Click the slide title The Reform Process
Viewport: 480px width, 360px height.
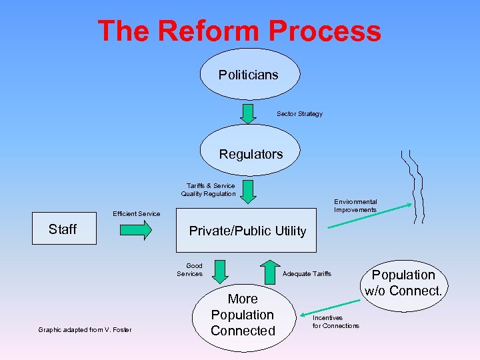pos(239,31)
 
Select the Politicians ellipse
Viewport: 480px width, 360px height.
pos(249,74)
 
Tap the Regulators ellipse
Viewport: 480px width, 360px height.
pos(251,154)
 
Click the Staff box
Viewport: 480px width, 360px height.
pos(64,229)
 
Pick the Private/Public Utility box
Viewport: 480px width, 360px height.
pos(247,231)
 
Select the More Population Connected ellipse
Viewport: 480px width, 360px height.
pos(243,315)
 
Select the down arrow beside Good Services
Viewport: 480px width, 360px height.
pos(219,271)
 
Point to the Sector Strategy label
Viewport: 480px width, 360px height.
pos(299,114)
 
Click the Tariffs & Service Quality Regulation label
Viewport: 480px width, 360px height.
pos(208,190)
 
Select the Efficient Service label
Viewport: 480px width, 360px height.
pos(136,214)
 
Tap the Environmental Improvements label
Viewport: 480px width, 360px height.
pos(355,206)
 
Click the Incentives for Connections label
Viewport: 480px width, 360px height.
pos(335,322)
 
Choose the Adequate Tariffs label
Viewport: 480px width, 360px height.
pos(307,274)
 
